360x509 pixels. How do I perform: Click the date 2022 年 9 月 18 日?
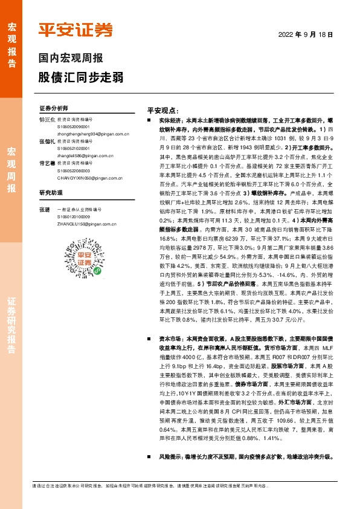pos(306,35)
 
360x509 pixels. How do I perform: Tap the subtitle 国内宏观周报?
pos(71,59)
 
